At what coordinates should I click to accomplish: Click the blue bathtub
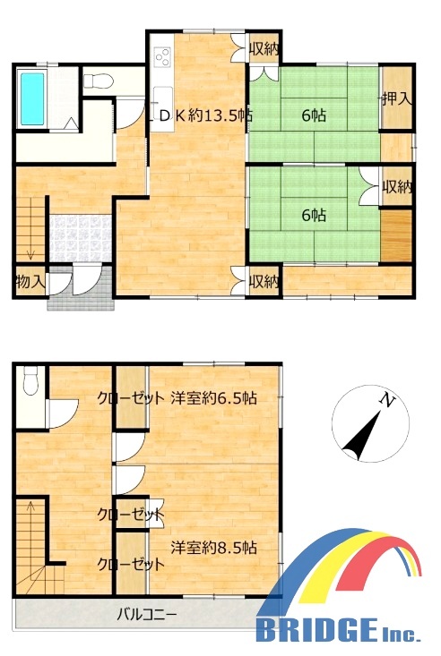pyautogui.click(x=32, y=99)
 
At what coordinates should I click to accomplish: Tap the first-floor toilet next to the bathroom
pyautogui.click(x=98, y=81)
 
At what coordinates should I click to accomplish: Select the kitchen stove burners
pyautogui.click(x=162, y=57)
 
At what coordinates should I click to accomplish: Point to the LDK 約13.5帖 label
pyautogui.click(x=201, y=115)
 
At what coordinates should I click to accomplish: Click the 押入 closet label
pyautogui.click(x=396, y=98)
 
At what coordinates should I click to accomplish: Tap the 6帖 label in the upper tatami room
pyautogui.click(x=314, y=115)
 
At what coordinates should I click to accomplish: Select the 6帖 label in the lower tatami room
pyautogui.click(x=314, y=215)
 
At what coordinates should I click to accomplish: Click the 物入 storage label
pyautogui.click(x=30, y=282)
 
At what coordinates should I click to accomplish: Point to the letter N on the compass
pyautogui.click(x=388, y=401)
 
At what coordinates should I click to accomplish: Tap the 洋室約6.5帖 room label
pyautogui.click(x=214, y=398)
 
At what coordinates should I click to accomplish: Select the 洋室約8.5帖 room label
pyautogui.click(x=214, y=548)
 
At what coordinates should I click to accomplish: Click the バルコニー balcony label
pyautogui.click(x=147, y=615)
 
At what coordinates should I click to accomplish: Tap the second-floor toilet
pyautogui.click(x=30, y=379)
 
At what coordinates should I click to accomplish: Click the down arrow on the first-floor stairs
pyautogui.click(x=30, y=253)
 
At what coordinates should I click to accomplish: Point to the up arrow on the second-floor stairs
pyautogui.click(x=30, y=507)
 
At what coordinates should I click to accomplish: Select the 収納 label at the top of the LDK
pyautogui.click(x=264, y=49)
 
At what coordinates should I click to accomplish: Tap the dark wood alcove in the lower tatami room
pyautogui.click(x=396, y=235)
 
